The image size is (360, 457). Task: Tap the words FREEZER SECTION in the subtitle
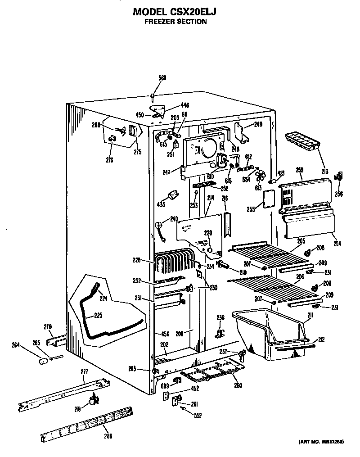[175, 21]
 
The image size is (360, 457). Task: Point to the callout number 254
[337, 244]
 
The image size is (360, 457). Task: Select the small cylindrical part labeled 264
[43, 361]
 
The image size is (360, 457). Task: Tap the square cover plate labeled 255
[269, 199]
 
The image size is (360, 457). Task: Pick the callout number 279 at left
[48, 326]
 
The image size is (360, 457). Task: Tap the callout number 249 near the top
[258, 124]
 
